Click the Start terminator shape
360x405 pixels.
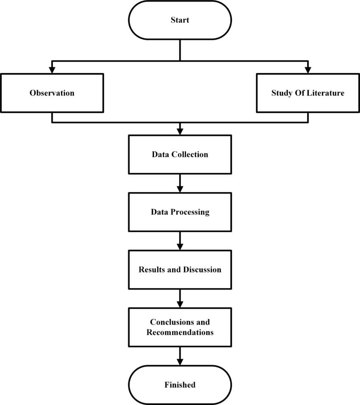[x=180, y=20]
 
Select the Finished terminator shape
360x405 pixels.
[x=180, y=385]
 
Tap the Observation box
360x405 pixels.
[x=52, y=93]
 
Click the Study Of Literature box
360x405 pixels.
[x=308, y=93]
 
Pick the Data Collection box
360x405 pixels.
[x=180, y=154]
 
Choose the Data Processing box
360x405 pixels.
[x=180, y=212]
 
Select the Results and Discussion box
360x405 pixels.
[x=180, y=270]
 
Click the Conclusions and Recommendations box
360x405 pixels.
[x=180, y=327]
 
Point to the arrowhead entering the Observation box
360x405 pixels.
[x=52, y=70]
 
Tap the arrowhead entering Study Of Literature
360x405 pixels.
[x=308, y=70]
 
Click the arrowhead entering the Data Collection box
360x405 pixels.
[x=180, y=131]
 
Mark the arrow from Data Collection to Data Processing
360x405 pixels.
[x=180, y=184]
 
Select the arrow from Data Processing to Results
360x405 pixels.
[x=180, y=241]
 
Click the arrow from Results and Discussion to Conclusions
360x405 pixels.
[x=180, y=299]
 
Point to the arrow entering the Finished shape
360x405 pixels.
[x=180, y=357]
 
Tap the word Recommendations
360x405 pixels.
[x=180, y=332]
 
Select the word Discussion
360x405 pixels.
[x=202, y=270]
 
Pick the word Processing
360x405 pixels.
[x=190, y=212]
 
